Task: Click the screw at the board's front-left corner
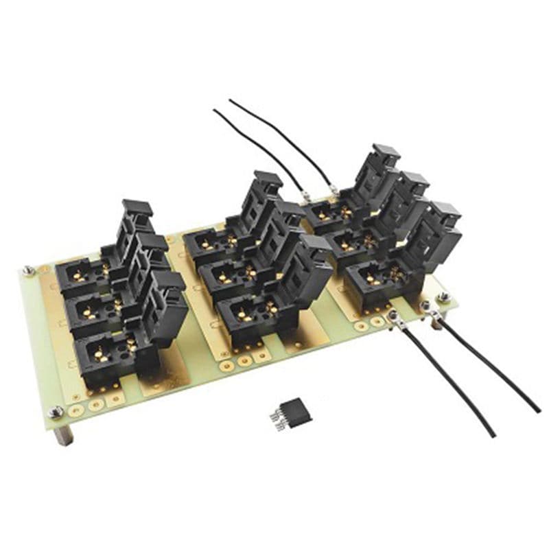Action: coord(56,412)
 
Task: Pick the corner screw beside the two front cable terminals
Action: coord(444,297)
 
